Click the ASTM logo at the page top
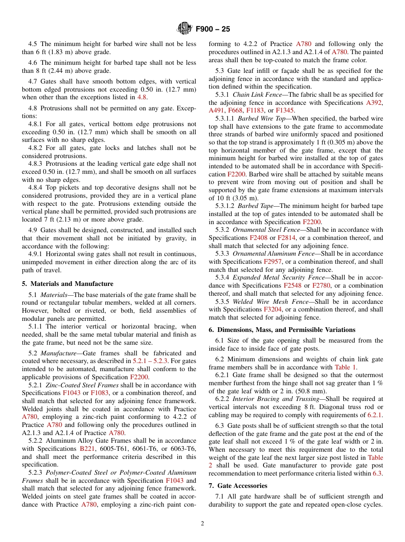pyautogui.click(x=185, y=29)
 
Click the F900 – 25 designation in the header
pyautogui.click(x=213, y=29)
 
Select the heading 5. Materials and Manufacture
pyautogui.click(x=67, y=284)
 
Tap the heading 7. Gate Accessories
pyautogui.click(x=238, y=486)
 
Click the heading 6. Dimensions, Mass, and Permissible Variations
pyautogui.click(x=282, y=330)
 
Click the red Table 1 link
pyautogui.click(x=346, y=367)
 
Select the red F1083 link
pyautogui.click(x=98, y=393)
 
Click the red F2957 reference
pyautogui.click(x=272, y=262)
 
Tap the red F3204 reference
pyautogui.click(x=272, y=309)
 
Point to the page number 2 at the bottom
pyautogui.click(x=202, y=524)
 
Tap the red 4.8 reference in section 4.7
pyautogui.click(x=142, y=97)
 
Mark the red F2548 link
pyautogui.click(x=292, y=285)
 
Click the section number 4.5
pyautogui.click(x=33, y=44)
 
